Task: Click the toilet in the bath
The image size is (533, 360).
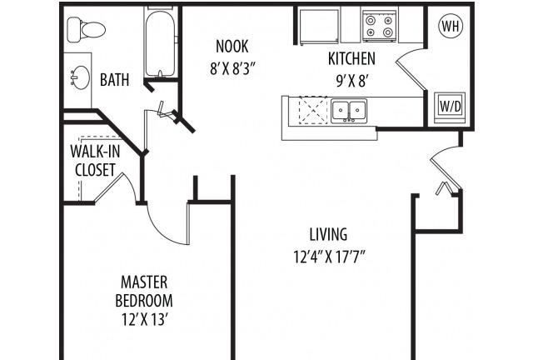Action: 86,30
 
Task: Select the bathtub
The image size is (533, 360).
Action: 160,42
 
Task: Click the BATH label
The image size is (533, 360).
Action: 115,80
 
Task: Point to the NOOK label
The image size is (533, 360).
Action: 232,47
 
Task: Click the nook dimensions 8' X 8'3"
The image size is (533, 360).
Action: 232,69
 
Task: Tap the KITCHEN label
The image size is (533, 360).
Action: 351,58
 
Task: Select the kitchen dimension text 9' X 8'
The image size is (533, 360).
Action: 352,81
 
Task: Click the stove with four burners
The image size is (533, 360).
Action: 380,26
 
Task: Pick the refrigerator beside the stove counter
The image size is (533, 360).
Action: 319,26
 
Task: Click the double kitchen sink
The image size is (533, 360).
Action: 349,111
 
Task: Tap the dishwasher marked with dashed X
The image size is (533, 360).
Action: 312,110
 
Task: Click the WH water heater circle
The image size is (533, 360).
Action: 451,26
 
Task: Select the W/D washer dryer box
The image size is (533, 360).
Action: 451,107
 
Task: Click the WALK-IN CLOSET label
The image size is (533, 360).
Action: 95,160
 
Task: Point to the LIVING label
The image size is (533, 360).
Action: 328,234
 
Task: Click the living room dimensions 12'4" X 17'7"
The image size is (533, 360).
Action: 329,257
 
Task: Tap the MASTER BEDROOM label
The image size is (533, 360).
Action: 144,292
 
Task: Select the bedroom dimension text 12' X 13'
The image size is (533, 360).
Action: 145,319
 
